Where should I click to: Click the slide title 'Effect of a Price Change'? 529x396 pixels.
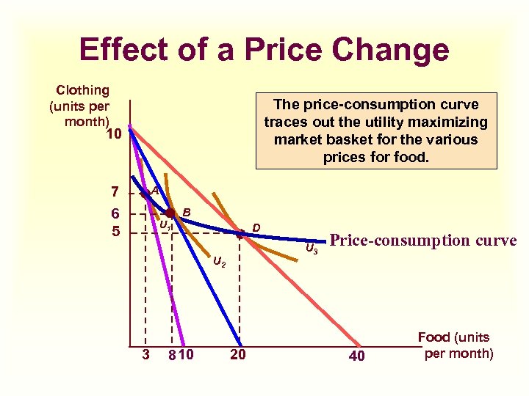coord(264,50)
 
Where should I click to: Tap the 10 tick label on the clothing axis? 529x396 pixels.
coord(112,134)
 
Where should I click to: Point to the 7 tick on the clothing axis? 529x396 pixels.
coord(114,192)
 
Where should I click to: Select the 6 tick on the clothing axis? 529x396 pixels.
coord(114,214)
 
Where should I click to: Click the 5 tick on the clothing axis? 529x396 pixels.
coord(114,233)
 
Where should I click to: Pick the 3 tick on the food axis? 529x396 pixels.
coord(145,356)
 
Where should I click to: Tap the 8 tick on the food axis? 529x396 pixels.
coord(170,356)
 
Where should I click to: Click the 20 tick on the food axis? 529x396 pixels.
coord(238,356)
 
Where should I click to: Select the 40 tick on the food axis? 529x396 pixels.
coord(356,356)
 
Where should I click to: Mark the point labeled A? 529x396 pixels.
coord(145,192)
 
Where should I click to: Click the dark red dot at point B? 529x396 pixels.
coord(171,213)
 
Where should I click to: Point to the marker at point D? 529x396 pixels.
coord(240,235)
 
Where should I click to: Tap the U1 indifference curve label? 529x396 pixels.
coord(165,225)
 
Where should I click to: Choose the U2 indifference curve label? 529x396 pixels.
coord(219,261)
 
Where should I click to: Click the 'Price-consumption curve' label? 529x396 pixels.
coord(423,241)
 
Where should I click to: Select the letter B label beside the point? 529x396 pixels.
coord(187,212)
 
